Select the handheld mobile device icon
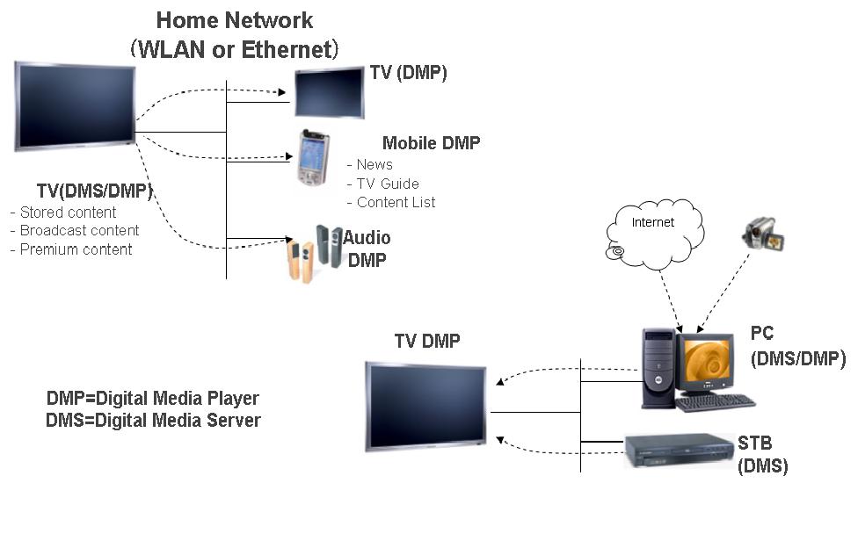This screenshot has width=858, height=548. [311, 159]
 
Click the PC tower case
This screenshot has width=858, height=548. [658, 367]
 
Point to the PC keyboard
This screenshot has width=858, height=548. [715, 402]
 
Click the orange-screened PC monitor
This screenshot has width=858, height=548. [705, 363]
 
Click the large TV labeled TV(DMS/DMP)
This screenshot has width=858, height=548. [75, 105]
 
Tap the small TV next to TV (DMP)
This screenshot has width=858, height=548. [329, 91]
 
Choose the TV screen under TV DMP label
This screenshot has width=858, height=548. [426, 406]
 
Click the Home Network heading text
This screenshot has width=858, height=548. [235, 20]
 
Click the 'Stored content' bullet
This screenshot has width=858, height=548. [63, 213]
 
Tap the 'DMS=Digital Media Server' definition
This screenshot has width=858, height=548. [153, 421]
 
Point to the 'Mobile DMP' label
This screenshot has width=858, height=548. [431, 143]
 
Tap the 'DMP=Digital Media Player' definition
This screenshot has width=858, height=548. [153, 398]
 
